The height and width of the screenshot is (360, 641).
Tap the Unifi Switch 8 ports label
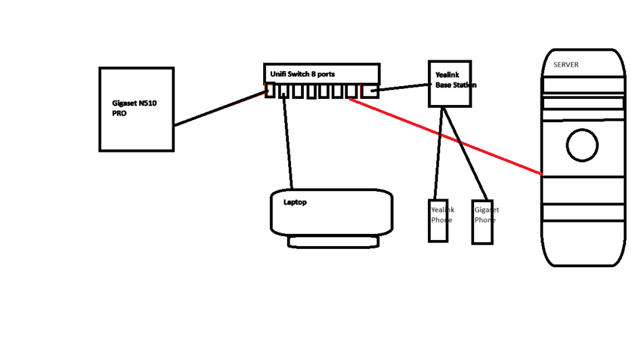pyautogui.click(x=303, y=74)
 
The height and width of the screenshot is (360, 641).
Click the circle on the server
pyautogui.click(x=582, y=146)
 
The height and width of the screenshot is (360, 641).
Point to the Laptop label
pyautogui.click(x=295, y=202)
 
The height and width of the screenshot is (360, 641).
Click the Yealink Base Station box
pyautogui.click(x=450, y=95)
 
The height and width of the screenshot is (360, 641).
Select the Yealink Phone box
pyautogui.click(x=438, y=231)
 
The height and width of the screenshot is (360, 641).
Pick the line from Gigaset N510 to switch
pyautogui.click(x=217, y=108)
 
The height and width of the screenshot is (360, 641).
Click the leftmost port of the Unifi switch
pyautogui.click(x=270, y=91)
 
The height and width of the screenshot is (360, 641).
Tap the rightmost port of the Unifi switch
pyautogui.click(x=369, y=91)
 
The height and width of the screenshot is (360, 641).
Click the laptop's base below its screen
pyautogui.click(x=333, y=241)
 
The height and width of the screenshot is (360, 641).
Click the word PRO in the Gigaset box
pyautogui.click(x=119, y=114)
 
